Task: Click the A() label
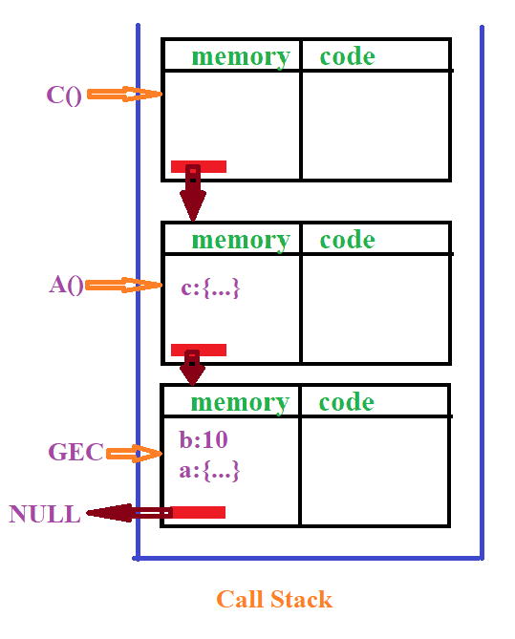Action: pos(67,285)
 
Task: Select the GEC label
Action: pos(75,453)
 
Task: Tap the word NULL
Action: pos(45,515)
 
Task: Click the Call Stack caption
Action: pos(274,600)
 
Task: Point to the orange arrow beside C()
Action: pos(125,95)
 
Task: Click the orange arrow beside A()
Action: pos(124,285)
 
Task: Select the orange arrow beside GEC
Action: pos(135,453)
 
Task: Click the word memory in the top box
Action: pos(240,56)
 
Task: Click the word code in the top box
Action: pos(348,56)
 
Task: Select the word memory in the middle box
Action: pos(241,240)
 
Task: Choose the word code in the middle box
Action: pos(348,240)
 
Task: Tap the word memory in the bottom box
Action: pos(240,402)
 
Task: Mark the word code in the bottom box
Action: pos(347,402)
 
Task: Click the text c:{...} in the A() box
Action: pos(210,288)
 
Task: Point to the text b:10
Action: pos(204,441)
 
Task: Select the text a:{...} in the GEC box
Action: pos(209,471)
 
